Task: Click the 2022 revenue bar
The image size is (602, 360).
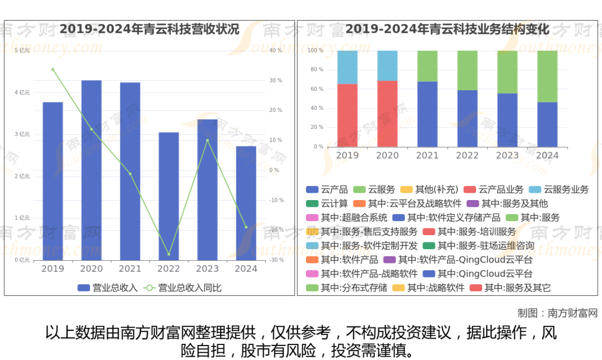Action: pyautogui.click(x=168, y=196)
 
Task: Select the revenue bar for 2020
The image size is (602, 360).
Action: pyautogui.click(x=91, y=170)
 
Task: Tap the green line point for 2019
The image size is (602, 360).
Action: pyautogui.click(x=53, y=70)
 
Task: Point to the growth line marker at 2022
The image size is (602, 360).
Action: pyautogui.click(x=168, y=254)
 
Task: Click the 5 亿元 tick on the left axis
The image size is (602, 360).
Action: pyautogui.click(x=22, y=51)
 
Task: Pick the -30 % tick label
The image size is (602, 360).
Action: pyautogui.click(x=276, y=260)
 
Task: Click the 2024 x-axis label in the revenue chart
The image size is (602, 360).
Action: pyautogui.click(x=246, y=269)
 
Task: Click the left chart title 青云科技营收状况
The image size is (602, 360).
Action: pyautogui.click(x=149, y=29)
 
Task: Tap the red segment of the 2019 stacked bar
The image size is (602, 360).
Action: pyautogui.click(x=347, y=115)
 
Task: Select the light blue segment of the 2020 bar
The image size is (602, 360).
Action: pyautogui.click(x=387, y=66)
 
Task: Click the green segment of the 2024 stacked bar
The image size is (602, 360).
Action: pyautogui.click(x=547, y=76)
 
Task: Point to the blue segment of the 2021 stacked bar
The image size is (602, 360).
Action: pyautogui.click(x=428, y=114)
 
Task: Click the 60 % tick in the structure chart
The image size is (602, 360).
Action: pyautogui.click(x=316, y=89)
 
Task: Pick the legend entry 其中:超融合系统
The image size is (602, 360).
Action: pyautogui.click(x=347, y=217)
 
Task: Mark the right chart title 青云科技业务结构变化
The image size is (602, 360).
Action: pyautogui.click(x=448, y=29)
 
